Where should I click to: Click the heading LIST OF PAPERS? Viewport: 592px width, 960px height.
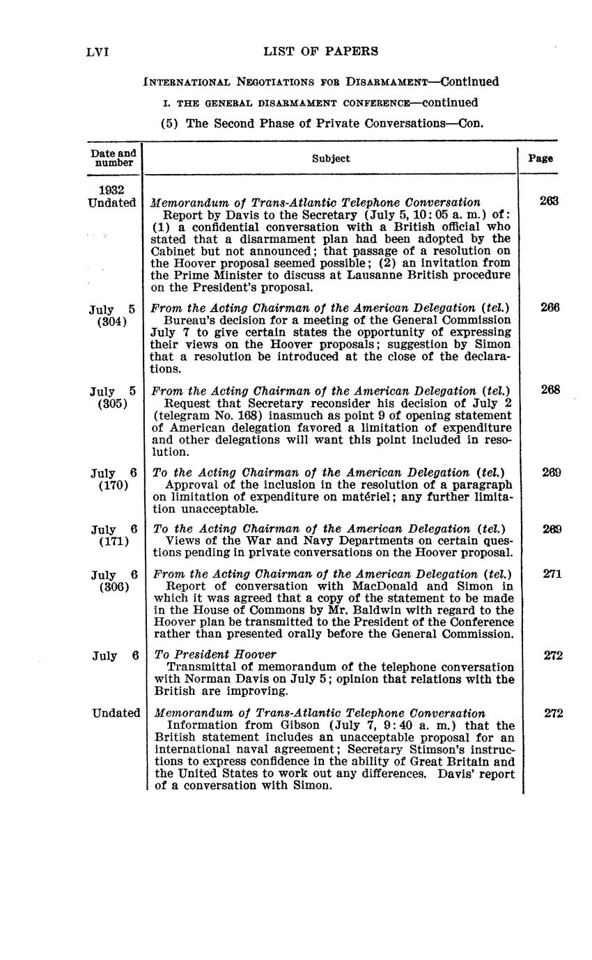321,51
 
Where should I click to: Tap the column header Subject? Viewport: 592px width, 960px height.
331,159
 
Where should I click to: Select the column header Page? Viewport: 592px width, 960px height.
540,158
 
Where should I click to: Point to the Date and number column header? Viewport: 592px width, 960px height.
114,158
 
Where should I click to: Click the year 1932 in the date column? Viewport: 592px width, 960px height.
112,190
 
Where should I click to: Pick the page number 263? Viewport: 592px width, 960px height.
549,201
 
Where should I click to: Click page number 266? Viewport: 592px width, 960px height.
550,308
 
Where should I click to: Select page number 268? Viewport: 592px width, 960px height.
550,390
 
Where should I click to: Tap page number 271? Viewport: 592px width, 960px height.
552,574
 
